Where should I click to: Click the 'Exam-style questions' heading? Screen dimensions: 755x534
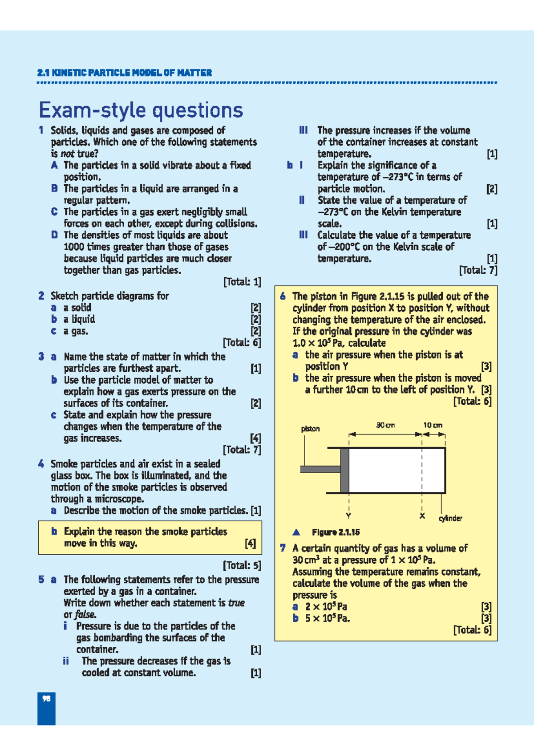point(141,110)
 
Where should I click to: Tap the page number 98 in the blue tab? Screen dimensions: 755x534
point(46,698)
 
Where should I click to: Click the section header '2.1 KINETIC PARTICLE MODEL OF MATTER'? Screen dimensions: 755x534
point(125,73)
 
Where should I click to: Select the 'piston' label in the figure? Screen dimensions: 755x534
point(310,429)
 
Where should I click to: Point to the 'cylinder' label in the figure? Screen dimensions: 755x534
point(450,518)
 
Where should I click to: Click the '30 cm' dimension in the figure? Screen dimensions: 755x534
point(385,425)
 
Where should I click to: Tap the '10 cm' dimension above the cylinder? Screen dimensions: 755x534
point(433,425)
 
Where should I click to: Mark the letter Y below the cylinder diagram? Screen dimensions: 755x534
point(348,516)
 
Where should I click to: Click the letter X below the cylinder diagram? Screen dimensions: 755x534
point(422,516)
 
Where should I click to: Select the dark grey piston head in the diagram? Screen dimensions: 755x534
point(344,470)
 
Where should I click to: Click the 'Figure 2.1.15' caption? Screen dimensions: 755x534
point(336,532)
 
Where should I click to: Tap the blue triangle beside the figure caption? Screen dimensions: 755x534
point(296,532)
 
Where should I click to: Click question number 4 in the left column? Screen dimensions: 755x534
point(41,464)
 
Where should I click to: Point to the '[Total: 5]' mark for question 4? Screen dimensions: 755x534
point(242,565)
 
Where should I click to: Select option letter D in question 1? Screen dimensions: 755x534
point(54,235)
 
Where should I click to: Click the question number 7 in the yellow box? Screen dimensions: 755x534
point(283,548)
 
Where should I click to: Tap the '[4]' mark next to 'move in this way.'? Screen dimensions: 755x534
point(250,543)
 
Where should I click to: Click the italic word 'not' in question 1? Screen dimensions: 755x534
point(67,154)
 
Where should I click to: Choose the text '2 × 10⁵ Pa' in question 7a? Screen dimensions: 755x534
point(326,606)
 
